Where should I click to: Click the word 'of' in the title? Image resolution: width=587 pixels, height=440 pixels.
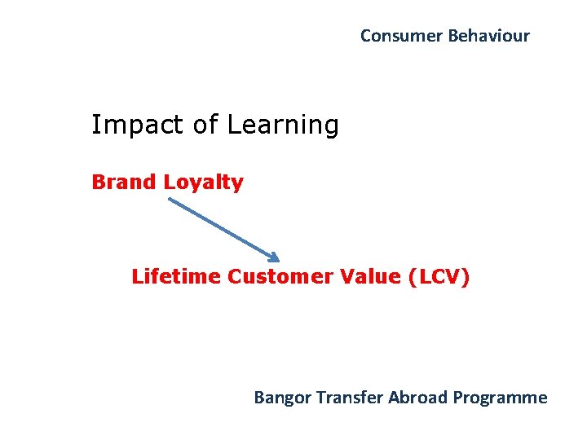206,125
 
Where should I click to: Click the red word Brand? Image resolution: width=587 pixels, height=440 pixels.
125,182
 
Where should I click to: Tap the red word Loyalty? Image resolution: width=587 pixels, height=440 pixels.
204,183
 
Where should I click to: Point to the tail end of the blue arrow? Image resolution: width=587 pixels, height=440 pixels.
170,199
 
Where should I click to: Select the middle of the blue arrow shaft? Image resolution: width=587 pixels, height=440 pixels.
223,229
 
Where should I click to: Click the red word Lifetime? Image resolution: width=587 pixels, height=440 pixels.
176,277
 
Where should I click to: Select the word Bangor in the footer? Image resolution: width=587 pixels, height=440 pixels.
282,398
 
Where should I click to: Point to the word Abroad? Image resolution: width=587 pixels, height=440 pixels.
418,398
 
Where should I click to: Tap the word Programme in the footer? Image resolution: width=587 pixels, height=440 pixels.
501,398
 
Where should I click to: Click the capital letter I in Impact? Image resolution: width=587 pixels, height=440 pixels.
95,125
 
